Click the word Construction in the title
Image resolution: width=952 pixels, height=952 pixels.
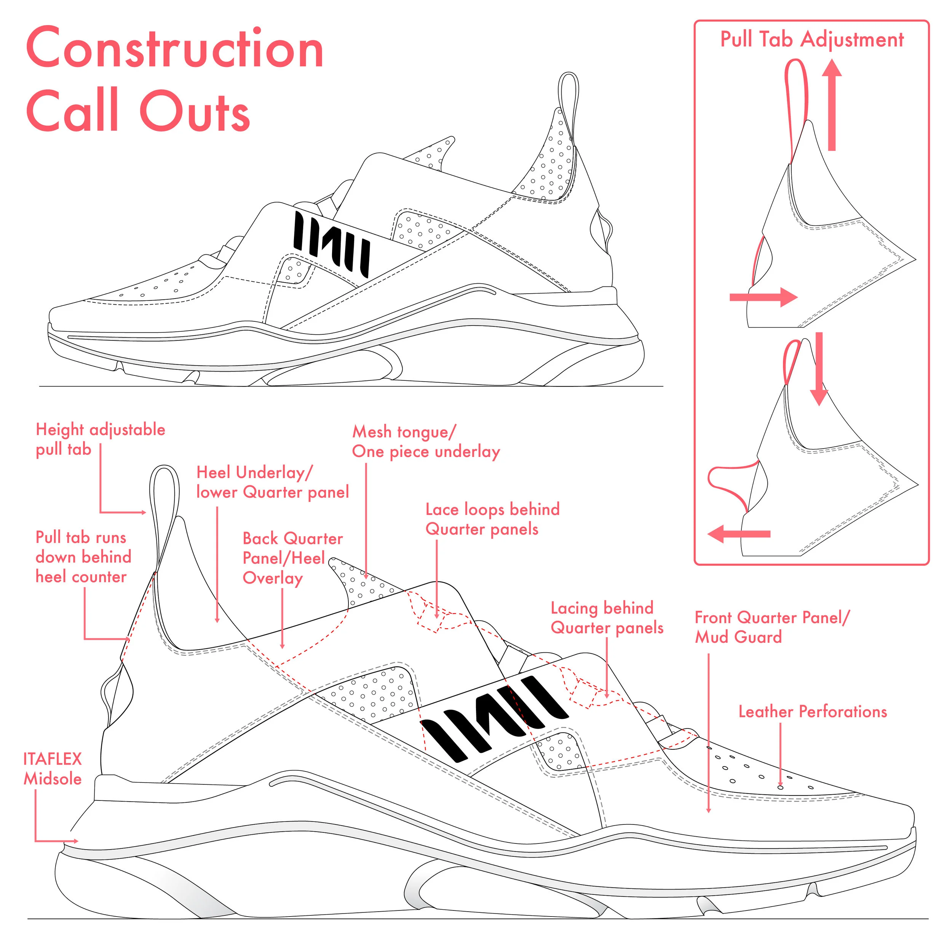click(x=175, y=48)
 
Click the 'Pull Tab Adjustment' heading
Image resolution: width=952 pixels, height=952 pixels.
click(x=812, y=40)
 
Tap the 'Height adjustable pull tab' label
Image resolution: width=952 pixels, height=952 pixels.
click(x=100, y=439)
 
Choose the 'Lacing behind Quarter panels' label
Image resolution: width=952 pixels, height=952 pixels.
click(x=607, y=617)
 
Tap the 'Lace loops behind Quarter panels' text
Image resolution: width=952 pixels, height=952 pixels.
click(x=493, y=519)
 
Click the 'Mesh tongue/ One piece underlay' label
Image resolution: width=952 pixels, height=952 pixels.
click(x=426, y=441)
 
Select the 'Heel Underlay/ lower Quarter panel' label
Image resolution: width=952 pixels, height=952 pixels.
click(x=273, y=482)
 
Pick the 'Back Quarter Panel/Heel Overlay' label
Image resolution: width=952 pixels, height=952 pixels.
click(x=293, y=558)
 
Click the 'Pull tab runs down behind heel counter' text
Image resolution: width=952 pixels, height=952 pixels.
click(x=83, y=557)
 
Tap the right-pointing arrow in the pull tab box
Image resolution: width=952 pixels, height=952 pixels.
click(x=763, y=297)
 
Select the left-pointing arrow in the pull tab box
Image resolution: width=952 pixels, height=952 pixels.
click(x=739, y=534)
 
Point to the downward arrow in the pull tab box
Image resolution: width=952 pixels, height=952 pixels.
click(x=819, y=369)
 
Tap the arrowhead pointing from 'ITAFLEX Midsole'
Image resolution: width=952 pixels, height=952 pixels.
click(x=75, y=841)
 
